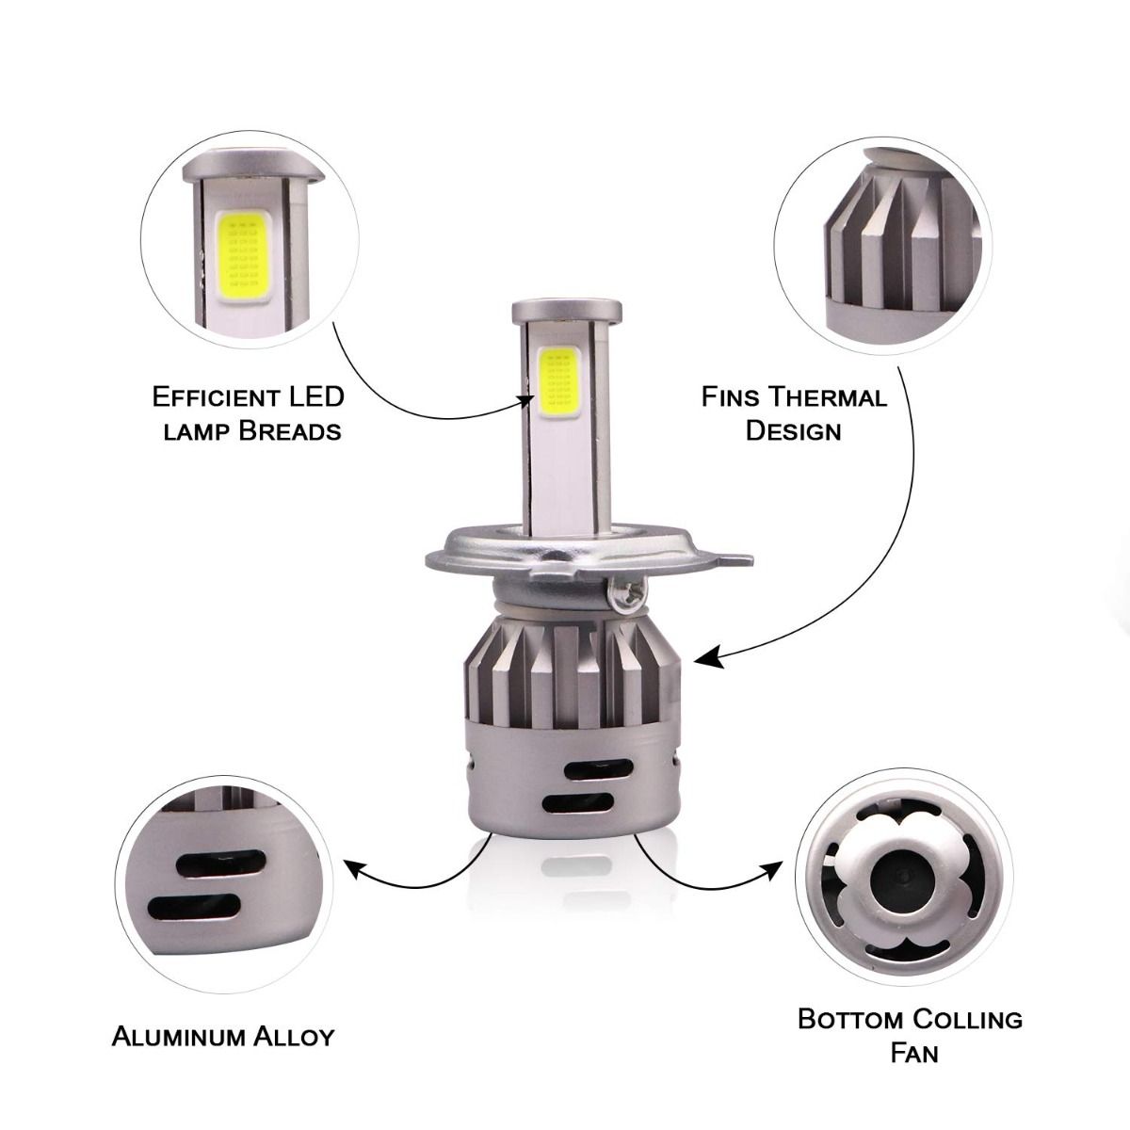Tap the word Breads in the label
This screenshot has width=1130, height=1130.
[x=290, y=432]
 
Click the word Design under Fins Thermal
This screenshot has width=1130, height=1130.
[x=793, y=431]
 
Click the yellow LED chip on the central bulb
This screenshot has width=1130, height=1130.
[x=558, y=381]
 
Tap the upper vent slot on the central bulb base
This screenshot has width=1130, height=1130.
[x=599, y=768]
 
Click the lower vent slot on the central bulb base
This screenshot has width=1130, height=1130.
[x=577, y=802]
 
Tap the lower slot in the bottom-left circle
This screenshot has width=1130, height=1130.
[x=195, y=908]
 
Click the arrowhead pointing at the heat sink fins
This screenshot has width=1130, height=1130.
[x=707, y=657]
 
